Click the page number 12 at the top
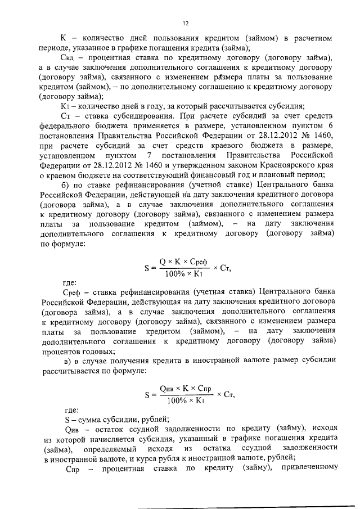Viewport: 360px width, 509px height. click(x=184, y=23)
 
